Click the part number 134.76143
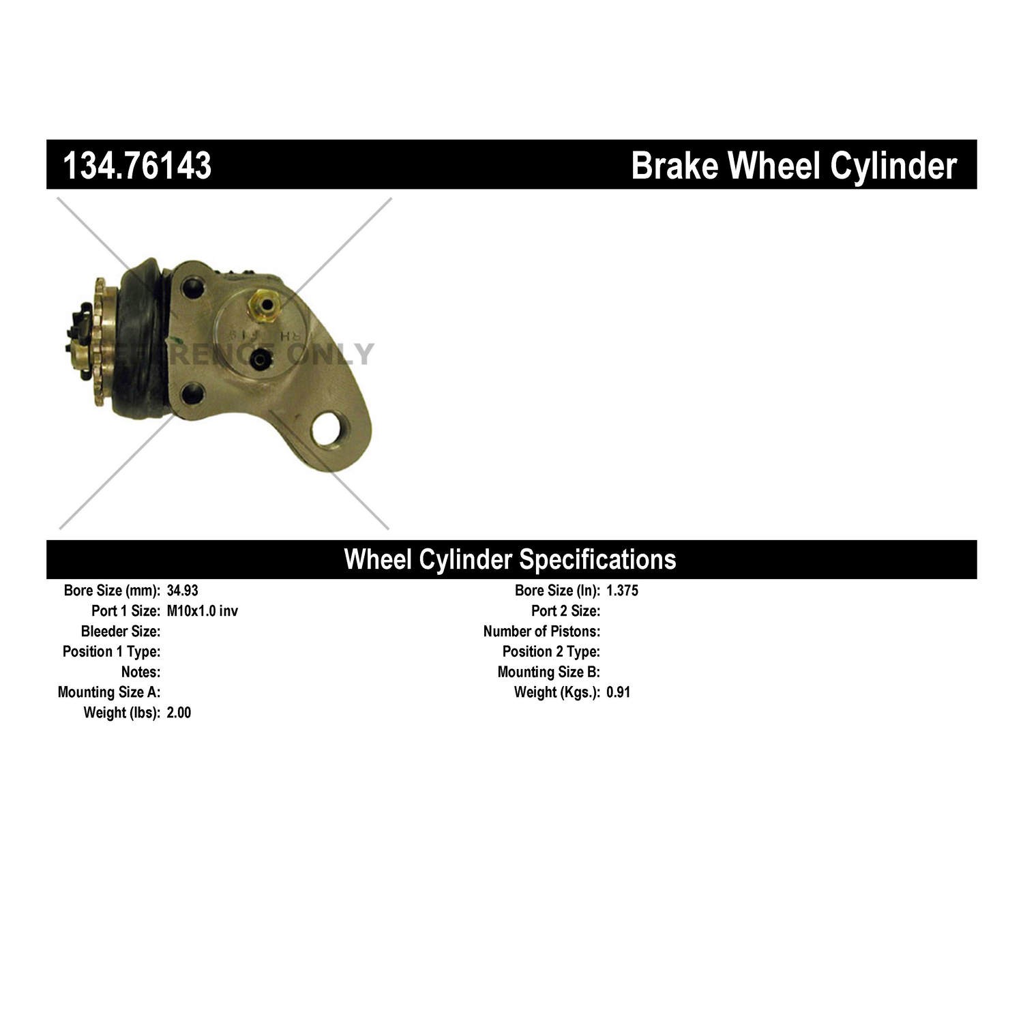137,166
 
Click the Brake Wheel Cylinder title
793,166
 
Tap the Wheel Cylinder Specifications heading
510,559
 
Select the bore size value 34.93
182,591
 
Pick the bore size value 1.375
622,591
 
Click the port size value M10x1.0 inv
202,611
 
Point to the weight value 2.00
179,713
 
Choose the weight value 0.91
618,692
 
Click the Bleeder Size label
121,632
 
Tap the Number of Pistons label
542,632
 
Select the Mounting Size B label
548,672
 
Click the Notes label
140,672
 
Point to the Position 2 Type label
551,651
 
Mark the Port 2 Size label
565,611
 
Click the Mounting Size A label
109,692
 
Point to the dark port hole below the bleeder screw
261,359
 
